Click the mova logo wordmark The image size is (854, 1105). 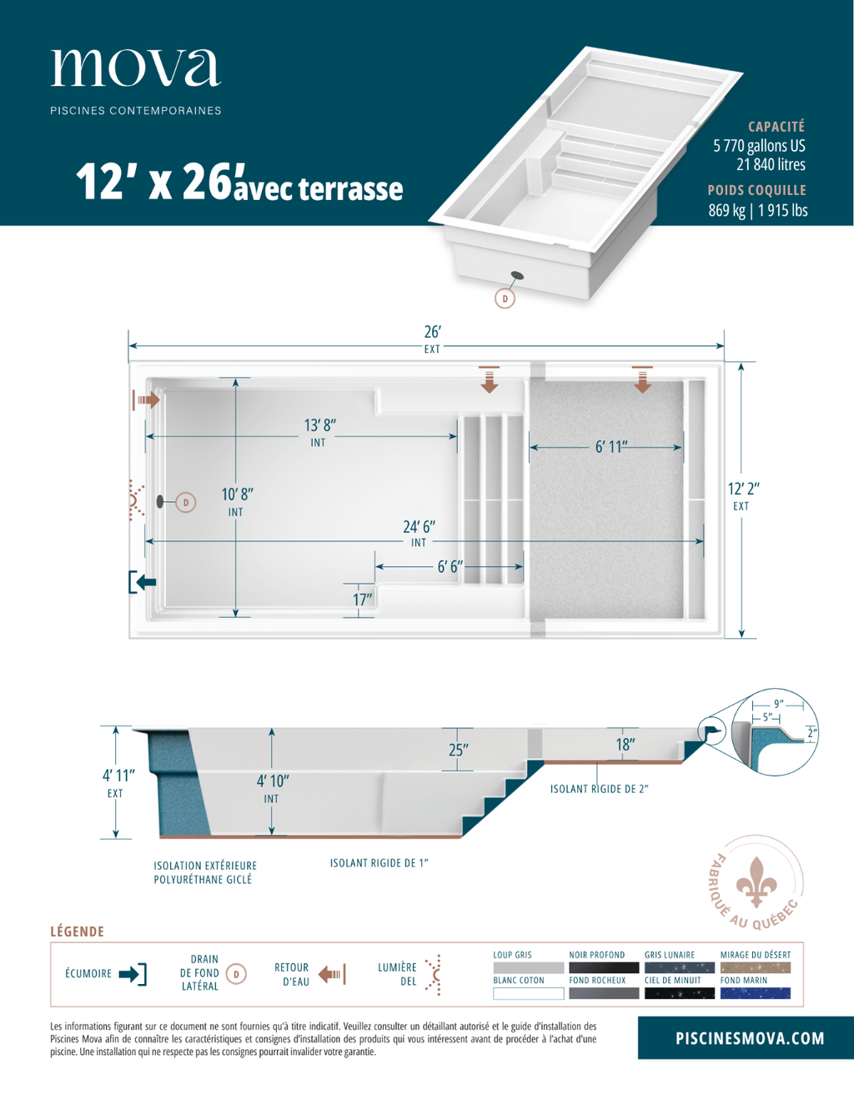point(136,68)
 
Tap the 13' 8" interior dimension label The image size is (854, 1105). point(320,425)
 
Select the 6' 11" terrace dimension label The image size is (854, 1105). point(611,447)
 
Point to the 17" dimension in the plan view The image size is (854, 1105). point(363,600)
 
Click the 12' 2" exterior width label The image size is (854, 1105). point(744,489)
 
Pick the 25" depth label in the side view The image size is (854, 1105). point(459,750)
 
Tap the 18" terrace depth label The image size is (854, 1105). point(625,745)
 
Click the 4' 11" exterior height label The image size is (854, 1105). point(118,776)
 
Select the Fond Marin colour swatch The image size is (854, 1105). point(756,993)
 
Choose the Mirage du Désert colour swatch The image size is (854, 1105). point(756,967)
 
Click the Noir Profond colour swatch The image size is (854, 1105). point(604,967)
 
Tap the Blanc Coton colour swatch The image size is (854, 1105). point(528,993)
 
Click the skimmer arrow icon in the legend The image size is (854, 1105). point(133,974)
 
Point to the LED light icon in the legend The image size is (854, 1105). point(434,975)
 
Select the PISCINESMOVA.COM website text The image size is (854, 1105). point(750,1038)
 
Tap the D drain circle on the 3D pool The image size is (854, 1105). point(505,299)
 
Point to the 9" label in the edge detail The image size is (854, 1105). point(779,704)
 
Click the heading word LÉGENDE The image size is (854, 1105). point(77,932)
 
